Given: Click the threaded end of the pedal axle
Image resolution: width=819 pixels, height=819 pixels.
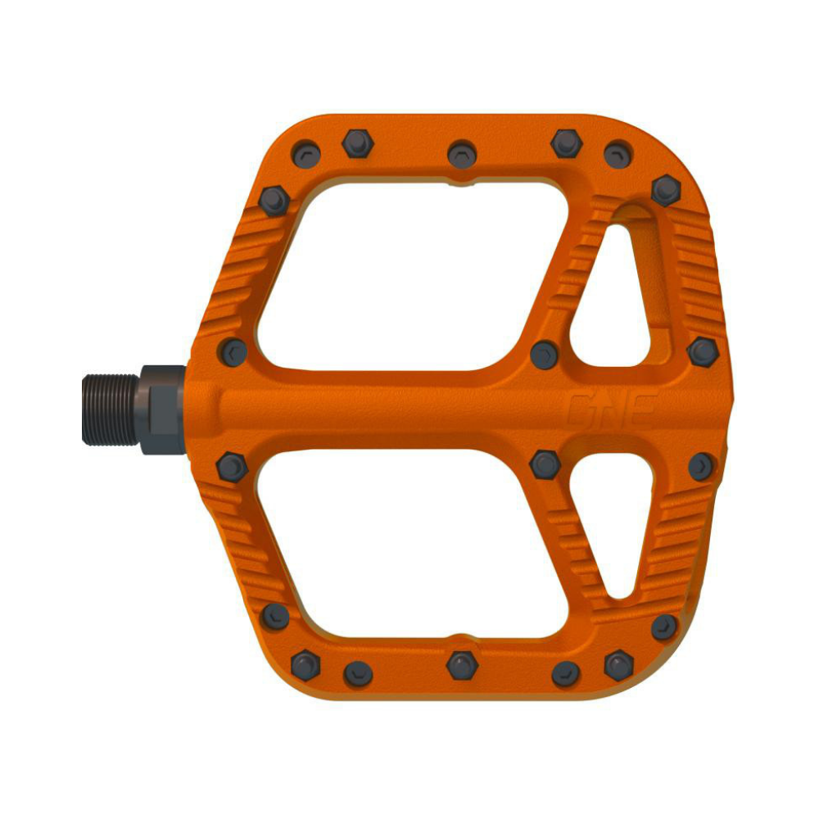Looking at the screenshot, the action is click(111, 409).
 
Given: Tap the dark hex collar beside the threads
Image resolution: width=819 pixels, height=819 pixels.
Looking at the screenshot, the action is click(163, 409).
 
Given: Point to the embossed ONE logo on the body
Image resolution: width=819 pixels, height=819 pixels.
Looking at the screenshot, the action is click(612, 409).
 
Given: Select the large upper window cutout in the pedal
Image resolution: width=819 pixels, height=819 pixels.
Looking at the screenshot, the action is click(413, 275).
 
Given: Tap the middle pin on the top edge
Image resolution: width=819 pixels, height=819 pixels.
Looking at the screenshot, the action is click(462, 154).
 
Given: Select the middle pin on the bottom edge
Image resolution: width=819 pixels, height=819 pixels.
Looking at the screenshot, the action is click(462, 665).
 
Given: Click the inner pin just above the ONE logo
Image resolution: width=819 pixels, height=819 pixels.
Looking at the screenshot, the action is click(545, 355).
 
